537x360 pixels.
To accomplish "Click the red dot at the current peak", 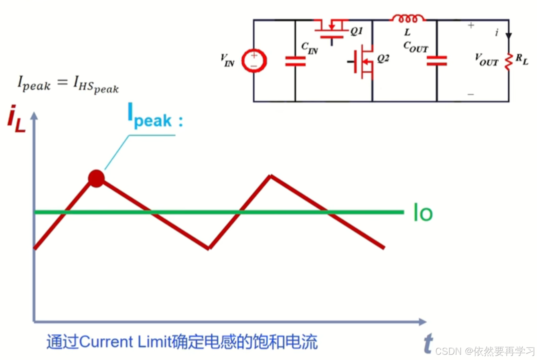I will pyautogui.click(x=96, y=178).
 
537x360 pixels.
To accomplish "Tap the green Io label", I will pyautogui.click(x=423, y=213).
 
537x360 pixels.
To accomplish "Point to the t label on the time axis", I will pyautogui.click(x=428, y=344).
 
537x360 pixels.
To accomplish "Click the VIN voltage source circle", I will pyautogui.click(x=254, y=61).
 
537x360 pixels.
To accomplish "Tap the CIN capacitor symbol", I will pyautogui.click(x=295, y=61).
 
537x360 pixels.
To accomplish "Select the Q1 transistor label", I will pyautogui.click(x=357, y=31).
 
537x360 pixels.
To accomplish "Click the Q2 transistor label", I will pyautogui.click(x=383, y=59).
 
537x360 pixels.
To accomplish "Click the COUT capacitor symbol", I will pyautogui.click(x=437, y=61).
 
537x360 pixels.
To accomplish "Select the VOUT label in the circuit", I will pyautogui.click(x=486, y=60).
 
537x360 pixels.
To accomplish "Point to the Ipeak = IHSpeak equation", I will pyautogui.click(x=68, y=83).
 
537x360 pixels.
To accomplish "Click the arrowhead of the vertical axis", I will pyautogui.click(x=34, y=116).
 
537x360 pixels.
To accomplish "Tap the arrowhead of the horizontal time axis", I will pyautogui.click(x=422, y=321).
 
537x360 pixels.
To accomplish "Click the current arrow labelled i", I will pyautogui.click(x=509, y=35).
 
